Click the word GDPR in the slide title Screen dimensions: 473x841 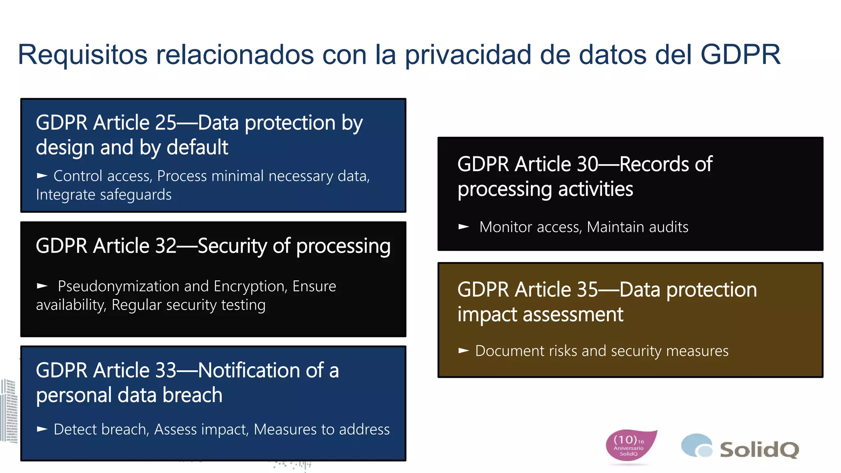(x=740, y=55)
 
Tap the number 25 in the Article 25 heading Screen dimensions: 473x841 (x=165, y=123)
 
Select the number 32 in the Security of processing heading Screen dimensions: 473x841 (x=165, y=246)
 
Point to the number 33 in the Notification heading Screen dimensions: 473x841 (x=165, y=370)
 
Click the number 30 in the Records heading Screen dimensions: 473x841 (x=587, y=164)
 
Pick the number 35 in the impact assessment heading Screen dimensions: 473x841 (x=587, y=290)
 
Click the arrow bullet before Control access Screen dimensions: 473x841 (x=42, y=176)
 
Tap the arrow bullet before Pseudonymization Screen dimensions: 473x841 (x=42, y=286)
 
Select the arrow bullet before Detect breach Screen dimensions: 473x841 (x=42, y=429)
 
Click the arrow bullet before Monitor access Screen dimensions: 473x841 (x=464, y=227)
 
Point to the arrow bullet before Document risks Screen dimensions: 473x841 (x=464, y=351)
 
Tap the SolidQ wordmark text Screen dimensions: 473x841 (x=759, y=450)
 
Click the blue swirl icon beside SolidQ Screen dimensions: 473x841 (x=696, y=445)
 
